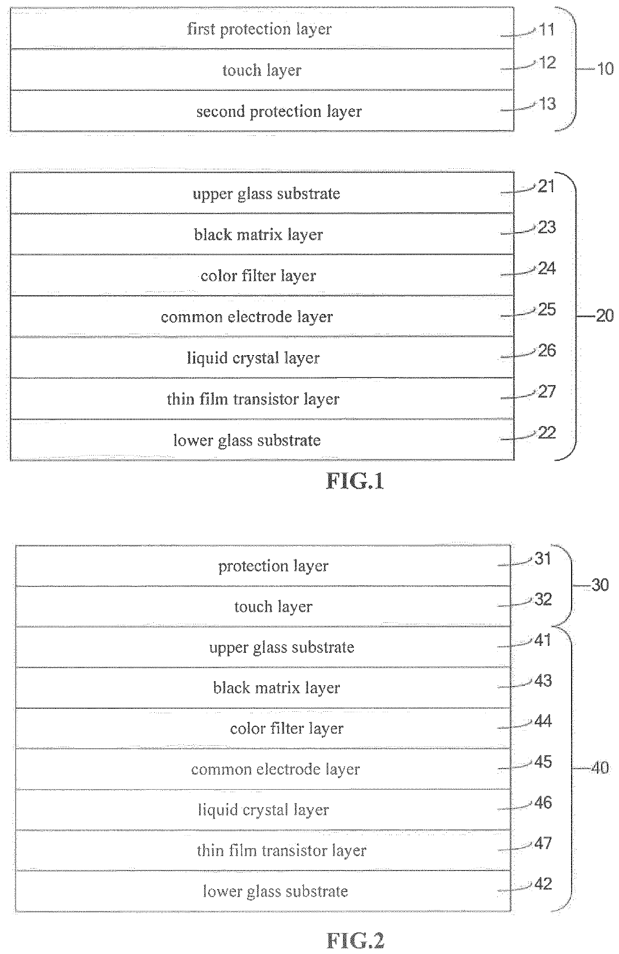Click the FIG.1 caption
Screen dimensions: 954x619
coord(355,481)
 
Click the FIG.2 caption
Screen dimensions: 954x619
coord(355,941)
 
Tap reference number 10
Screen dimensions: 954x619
coord(605,68)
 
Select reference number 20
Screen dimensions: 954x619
coord(605,316)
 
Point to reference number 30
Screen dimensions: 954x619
coord(600,584)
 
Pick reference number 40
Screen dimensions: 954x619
coord(600,767)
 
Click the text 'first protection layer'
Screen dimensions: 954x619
coord(259,29)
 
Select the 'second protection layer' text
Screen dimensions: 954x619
coord(279,111)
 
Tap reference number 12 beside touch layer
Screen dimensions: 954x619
coord(547,63)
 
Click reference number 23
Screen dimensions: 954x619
coord(547,228)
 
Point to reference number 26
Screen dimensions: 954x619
coord(547,351)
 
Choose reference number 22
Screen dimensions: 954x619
coord(547,433)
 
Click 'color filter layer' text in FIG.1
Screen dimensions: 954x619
coord(258,276)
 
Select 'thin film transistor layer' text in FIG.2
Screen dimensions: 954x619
coord(282,851)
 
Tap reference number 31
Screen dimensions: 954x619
coord(543,558)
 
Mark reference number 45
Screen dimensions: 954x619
coord(543,762)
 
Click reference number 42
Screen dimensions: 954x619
coord(543,884)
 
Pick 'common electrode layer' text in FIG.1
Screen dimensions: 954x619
coord(247,317)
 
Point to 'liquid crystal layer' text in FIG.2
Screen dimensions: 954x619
coord(264,810)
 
